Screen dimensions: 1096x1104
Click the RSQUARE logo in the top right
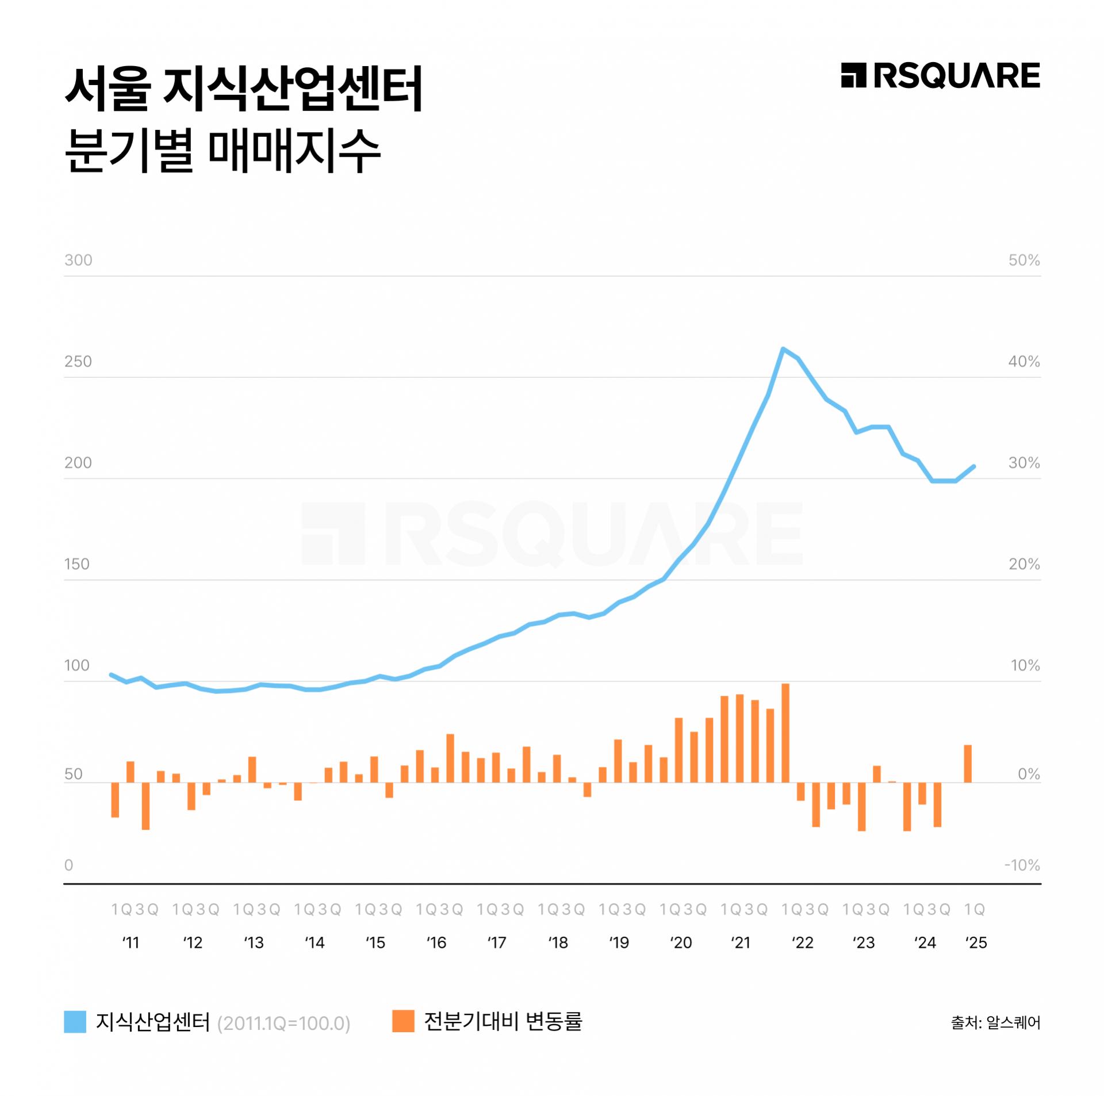tap(940, 76)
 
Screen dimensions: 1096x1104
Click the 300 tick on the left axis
tap(78, 260)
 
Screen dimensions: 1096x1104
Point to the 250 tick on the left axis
tap(78, 362)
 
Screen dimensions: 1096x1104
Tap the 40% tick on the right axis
tap(1023, 362)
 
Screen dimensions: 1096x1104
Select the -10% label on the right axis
tap(1022, 865)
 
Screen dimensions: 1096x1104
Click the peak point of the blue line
tap(783, 348)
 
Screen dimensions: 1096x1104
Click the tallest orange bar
tap(785, 733)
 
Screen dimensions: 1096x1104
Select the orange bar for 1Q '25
tap(968, 764)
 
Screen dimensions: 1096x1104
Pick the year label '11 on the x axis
tap(131, 943)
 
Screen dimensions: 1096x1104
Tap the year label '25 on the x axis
tap(976, 943)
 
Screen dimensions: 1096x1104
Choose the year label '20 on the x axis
tap(681, 943)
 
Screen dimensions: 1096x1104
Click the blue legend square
tap(75, 1022)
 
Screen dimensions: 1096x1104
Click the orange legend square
tap(403, 1021)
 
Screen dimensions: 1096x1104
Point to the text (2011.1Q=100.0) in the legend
tap(283, 1024)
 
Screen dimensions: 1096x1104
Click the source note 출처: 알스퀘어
tap(995, 1023)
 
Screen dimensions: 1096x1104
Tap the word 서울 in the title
tap(108, 89)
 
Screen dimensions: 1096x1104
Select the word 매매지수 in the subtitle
tap(294, 151)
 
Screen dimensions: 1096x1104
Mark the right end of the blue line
tap(973, 466)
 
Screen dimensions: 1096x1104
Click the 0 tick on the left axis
tap(68, 865)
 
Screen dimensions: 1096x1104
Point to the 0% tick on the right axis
tap(1028, 774)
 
